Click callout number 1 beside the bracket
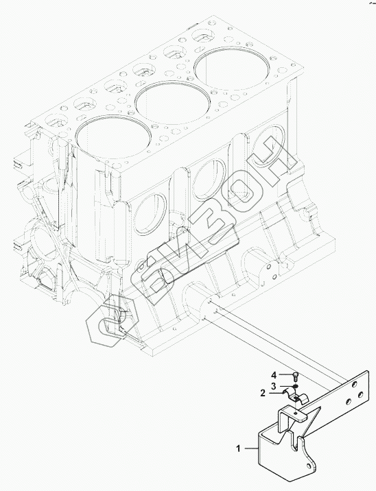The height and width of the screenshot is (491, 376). tap(238, 448)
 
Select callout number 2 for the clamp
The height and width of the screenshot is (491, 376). tap(263, 393)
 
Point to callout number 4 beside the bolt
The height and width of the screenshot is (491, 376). tap(274, 374)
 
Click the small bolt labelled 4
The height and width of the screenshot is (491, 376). tap(296, 375)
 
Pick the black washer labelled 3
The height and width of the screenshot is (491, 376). tap(296, 385)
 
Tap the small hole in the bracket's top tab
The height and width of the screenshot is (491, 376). tap(296, 414)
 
